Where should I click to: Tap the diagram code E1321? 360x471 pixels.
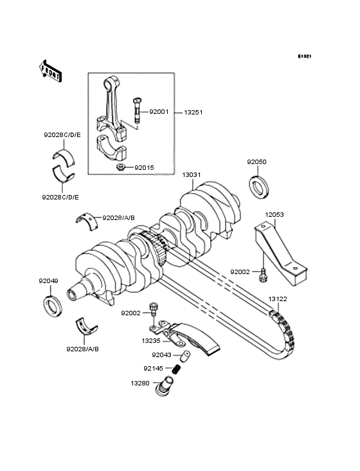point(304,57)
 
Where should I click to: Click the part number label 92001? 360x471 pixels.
point(159,111)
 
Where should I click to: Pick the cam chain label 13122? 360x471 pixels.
point(278,299)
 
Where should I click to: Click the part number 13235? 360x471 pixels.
point(151,340)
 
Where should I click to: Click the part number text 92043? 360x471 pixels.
point(161,355)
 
